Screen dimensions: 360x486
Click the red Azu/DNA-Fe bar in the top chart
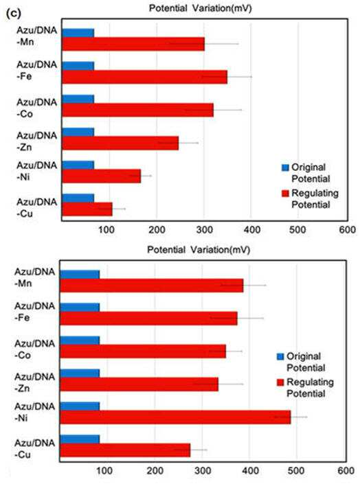coord(145,77)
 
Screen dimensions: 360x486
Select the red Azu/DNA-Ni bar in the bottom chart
coord(175,417)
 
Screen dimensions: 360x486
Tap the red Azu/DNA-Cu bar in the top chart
coord(87,209)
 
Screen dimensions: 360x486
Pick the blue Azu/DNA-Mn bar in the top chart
coord(78,33)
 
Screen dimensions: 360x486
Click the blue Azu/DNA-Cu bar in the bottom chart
coord(80,439)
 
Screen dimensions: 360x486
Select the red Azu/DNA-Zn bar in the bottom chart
coord(139,384)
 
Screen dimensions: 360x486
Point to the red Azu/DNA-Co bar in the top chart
coord(138,110)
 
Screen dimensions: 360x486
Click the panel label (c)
coord(13,13)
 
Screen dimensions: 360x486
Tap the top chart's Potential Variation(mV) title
coord(200,8)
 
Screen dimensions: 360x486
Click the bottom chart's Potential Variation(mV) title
coord(199,249)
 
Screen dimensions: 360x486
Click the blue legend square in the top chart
coord(285,167)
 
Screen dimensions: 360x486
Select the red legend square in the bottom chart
coord(280,382)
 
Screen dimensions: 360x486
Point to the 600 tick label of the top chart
coord(347,230)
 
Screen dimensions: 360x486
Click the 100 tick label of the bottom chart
coord(104,471)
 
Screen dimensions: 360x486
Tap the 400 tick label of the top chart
coord(252,230)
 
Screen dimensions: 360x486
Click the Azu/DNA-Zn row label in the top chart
coord(36,141)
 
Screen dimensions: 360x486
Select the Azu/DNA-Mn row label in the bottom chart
coord(34,278)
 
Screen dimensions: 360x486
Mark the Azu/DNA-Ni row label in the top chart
coord(36,171)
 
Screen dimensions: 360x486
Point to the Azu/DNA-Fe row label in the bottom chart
coord(34,312)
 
